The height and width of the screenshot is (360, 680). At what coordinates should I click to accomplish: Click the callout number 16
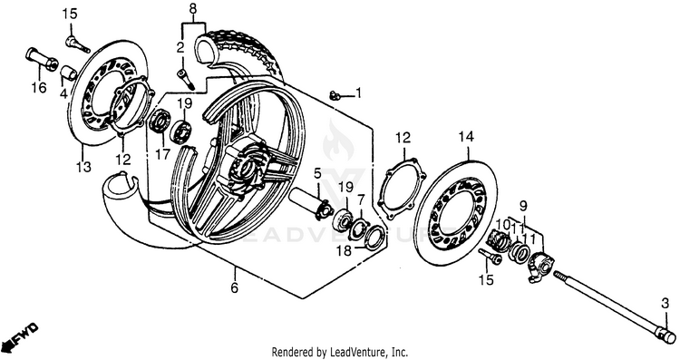tap(38, 88)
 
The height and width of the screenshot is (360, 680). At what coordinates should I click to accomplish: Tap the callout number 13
tap(83, 166)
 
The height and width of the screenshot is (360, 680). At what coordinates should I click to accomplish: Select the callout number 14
tap(466, 137)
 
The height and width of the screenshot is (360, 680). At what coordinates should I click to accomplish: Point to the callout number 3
tap(665, 305)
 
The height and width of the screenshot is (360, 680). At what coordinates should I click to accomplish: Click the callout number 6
tap(235, 287)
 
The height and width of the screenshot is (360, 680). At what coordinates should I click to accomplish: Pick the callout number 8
tap(193, 8)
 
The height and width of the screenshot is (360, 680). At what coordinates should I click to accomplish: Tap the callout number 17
tap(163, 154)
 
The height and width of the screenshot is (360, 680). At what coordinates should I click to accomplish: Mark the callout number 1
tap(358, 92)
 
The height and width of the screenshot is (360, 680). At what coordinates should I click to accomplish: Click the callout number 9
tap(522, 205)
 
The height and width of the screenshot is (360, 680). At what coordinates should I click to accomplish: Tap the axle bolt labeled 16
tap(42, 60)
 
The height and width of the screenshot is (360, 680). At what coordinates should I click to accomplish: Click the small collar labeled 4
tap(68, 73)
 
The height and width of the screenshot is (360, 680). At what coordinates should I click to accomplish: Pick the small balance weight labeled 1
tap(333, 94)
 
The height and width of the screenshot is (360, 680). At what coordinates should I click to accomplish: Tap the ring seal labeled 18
tap(374, 238)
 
